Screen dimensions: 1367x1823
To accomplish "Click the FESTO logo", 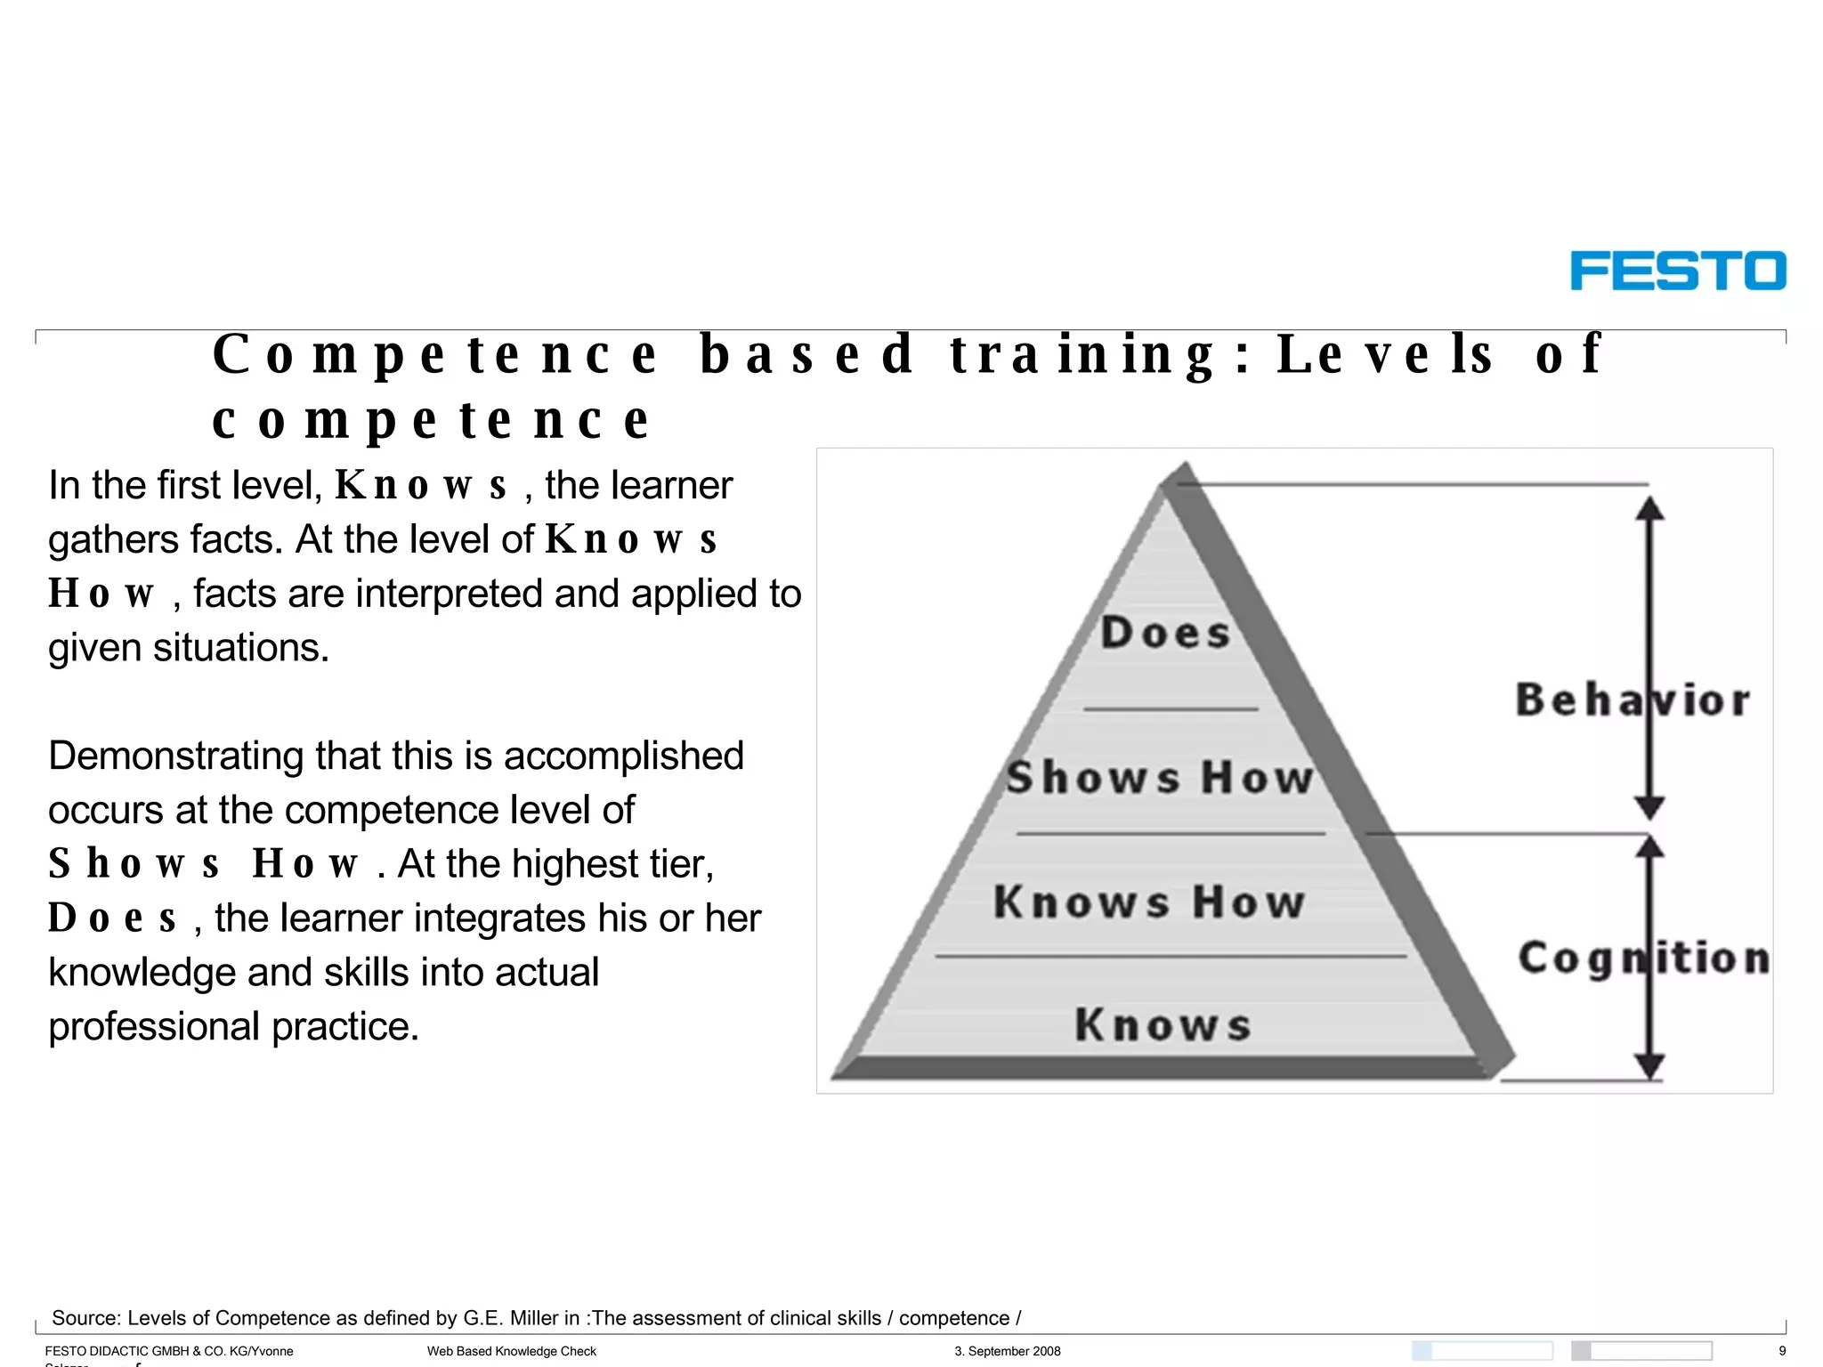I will click(x=1677, y=271).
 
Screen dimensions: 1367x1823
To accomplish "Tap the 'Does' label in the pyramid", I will click(x=1166, y=633).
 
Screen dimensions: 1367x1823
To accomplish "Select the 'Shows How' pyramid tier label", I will click(x=1160, y=777).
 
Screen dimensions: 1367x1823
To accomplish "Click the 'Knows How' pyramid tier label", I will click(x=1149, y=902).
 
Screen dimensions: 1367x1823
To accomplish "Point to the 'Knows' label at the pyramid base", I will click(x=1163, y=1024).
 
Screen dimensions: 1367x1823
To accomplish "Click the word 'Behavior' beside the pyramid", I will click(x=1633, y=700).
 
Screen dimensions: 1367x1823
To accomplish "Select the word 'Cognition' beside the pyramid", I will click(x=1643, y=959).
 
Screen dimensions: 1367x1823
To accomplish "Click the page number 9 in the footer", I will click(x=1782, y=1351).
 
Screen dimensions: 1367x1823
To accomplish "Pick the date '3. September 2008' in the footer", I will click(x=1008, y=1351).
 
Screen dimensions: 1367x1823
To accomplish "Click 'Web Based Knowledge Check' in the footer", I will click(x=512, y=1351).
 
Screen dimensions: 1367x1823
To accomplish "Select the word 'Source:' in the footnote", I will click(x=86, y=1318).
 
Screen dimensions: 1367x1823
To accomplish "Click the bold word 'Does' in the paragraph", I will click(x=112, y=918).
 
